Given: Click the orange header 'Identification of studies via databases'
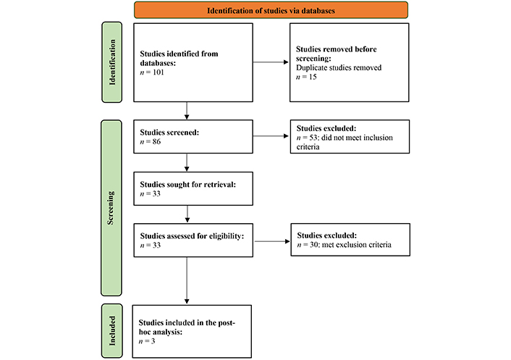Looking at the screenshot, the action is click(271, 10).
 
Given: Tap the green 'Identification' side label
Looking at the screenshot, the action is click(111, 62).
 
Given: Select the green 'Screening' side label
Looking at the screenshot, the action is click(111, 208).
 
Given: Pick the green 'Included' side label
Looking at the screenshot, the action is click(112, 331).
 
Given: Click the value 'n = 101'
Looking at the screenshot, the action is click(152, 72).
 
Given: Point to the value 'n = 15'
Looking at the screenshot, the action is click(306, 77).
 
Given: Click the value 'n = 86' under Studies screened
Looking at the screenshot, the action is click(151, 141).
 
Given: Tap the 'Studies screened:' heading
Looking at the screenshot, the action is click(169, 133).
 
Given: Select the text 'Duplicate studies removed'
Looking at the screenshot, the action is click(339, 68).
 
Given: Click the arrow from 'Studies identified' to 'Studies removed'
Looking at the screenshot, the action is click(271, 62).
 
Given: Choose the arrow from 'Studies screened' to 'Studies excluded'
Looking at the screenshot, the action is click(271, 136).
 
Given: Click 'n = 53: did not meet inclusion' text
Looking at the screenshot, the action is click(345, 138).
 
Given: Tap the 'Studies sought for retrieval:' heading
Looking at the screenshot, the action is click(188, 185).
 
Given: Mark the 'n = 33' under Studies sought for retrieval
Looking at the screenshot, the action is click(151, 193).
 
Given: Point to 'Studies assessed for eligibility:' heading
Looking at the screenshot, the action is click(192, 236).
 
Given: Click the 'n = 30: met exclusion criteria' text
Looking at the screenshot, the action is click(344, 245).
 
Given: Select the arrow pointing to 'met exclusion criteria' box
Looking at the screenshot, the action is click(272, 241).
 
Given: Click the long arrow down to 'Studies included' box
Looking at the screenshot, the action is click(187, 280).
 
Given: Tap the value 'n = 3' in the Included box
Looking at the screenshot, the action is click(147, 341).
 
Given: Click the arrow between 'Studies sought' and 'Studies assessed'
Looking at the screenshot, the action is click(187, 214).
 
